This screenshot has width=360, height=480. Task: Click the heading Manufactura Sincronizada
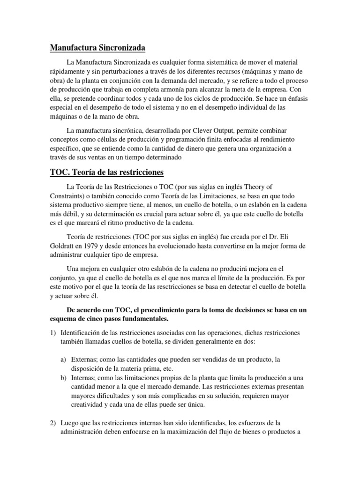pos(98,48)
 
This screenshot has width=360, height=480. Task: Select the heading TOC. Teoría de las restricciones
pos(107,172)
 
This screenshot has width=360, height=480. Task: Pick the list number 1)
pos(53,332)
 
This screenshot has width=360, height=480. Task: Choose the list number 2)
pos(53,423)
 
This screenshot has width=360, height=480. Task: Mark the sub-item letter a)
pos(63,360)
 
